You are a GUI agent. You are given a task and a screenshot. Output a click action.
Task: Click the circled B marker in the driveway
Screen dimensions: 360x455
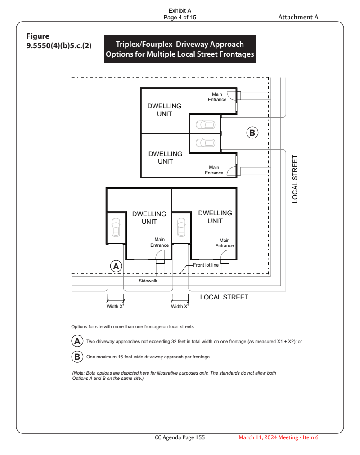tap(252, 133)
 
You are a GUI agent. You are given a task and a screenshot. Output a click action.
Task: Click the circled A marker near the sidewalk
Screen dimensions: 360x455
tap(116, 266)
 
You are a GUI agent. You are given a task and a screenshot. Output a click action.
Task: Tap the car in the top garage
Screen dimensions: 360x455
tap(206, 125)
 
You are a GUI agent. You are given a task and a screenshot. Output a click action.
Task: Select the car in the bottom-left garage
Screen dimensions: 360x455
tap(116, 227)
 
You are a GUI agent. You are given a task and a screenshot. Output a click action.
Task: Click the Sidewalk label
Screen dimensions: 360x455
tap(148, 281)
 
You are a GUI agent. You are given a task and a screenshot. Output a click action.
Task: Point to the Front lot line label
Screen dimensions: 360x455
tap(206, 265)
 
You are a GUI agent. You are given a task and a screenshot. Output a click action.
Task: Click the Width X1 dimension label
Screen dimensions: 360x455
tap(115, 306)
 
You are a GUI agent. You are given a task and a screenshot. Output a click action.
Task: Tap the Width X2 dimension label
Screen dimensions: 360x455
tap(180, 306)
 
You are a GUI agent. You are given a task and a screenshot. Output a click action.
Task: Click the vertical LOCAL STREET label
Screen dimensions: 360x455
tap(295, 179)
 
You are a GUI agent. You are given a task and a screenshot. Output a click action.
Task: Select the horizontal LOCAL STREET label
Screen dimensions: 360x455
tap(224, 297)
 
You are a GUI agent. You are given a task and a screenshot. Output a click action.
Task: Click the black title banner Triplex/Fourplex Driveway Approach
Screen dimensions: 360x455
tap(180, 49)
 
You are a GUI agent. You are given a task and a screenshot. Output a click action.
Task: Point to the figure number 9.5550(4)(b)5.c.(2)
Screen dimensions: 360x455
tap(59, 45)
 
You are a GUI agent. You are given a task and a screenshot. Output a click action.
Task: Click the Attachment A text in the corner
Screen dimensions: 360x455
tap(298, 17)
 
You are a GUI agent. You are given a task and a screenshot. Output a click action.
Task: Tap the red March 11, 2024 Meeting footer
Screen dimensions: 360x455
tap(279, 437)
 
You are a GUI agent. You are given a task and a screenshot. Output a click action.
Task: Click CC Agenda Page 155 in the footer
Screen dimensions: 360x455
tap(180, 437)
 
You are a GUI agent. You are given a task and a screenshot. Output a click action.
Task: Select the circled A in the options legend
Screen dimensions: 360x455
tap(77, 341)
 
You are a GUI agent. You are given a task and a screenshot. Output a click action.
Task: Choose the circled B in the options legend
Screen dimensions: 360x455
tap(77, 357)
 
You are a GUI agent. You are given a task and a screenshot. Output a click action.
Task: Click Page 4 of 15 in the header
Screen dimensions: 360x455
tap(180, 18)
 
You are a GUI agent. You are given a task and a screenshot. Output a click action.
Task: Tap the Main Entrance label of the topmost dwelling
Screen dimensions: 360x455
tap(217, 97)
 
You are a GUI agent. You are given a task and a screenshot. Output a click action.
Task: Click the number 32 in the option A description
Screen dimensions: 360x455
tap(174, 342)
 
